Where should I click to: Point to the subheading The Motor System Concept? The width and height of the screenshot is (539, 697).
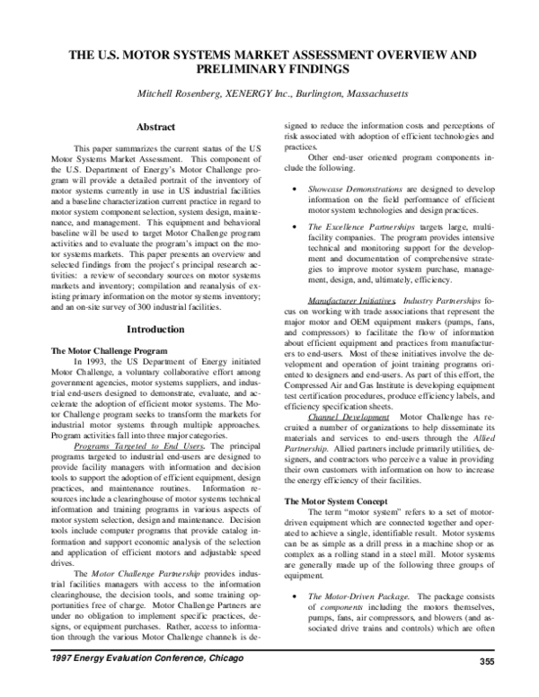(x=334, y=499)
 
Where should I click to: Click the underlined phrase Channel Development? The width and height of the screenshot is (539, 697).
(x=349, y=417)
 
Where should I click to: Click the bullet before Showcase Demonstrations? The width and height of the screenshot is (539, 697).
(x=296, y=190)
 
